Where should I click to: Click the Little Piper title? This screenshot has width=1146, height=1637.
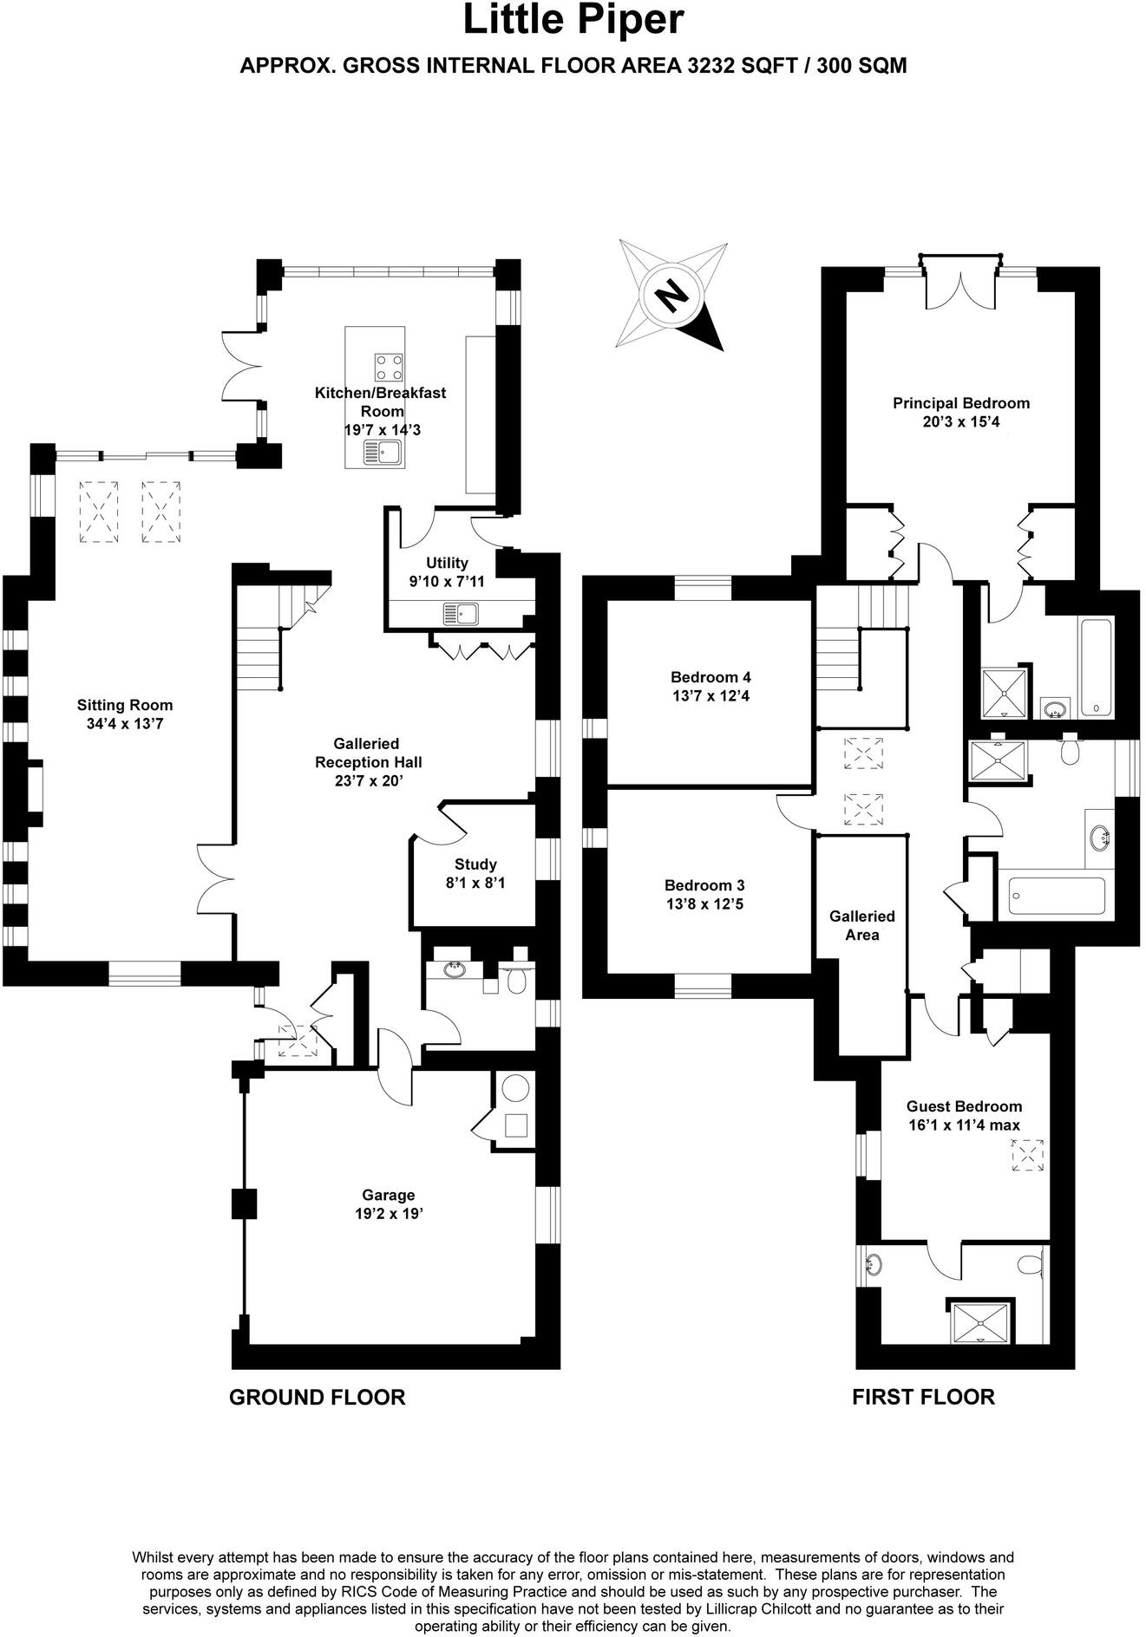tap(573, 21)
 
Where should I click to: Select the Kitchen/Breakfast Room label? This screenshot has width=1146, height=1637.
tap(380, 401)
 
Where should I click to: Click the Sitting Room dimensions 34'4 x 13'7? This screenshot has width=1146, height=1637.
tap(125, 724)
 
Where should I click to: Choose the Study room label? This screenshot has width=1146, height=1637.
tap(475, 864)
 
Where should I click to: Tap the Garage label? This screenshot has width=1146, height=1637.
tap(388, 1195)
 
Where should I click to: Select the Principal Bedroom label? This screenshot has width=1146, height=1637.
tap(961, 403)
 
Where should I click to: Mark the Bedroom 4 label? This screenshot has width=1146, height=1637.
tap(711, 677)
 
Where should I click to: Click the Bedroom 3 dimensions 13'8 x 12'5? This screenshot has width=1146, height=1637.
tap(704, 904)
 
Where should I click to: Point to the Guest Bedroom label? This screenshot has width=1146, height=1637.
tap(964, 1106)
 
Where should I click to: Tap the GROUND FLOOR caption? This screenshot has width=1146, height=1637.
tap(317, 1397)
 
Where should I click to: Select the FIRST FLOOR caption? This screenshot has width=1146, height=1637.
tap(923, 1397)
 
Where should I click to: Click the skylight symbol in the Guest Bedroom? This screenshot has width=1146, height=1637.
tap(1028, 1156)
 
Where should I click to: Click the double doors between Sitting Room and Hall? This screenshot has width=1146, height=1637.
tap(217, 877)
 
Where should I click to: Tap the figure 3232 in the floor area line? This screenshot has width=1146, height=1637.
tap(714, 66)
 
